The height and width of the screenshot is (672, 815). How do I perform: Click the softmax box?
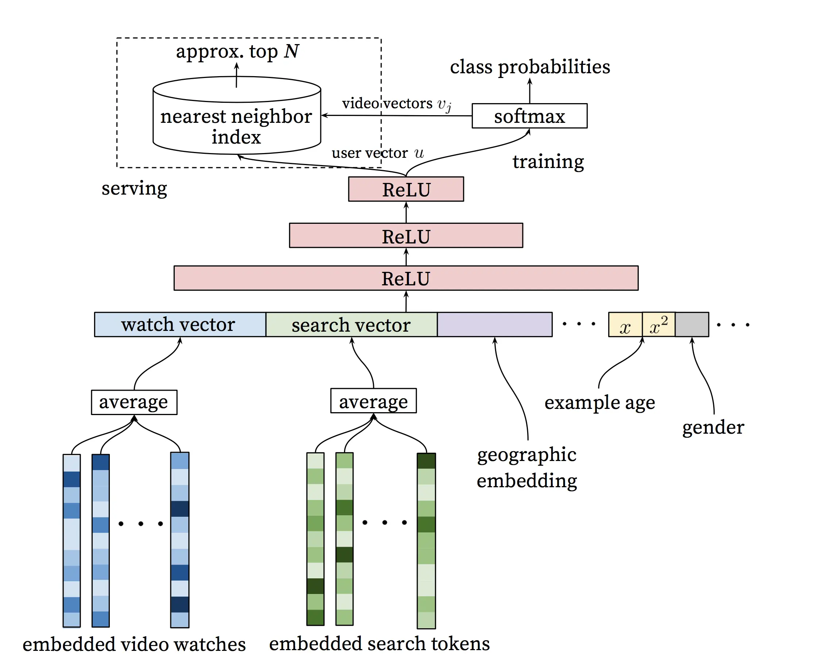[x=529, y=116]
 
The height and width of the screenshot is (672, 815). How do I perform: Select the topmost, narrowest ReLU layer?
[x=406, y=189]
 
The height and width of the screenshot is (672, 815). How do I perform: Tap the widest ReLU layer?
[x=406, y=278]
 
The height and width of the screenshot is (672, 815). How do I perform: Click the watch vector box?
[x=180, y=324]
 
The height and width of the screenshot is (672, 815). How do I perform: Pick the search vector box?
[x=351, y=324]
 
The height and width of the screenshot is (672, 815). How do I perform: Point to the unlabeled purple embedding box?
[x=494, y=324]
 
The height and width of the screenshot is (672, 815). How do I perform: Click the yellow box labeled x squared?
[x=658, y=324]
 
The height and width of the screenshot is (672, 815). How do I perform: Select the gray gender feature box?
[x=692, y=324]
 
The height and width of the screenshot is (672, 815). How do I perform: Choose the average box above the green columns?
[x=373, y=401]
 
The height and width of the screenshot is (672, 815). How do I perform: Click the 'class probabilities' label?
[x=530, y=67]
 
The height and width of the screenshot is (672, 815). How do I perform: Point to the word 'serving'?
[x=134, y=188]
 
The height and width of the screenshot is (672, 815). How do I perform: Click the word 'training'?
[x=548, y=161]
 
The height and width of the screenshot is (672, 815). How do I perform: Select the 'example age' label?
[x=599, y=403]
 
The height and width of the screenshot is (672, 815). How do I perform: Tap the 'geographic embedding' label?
[x=527, y=468]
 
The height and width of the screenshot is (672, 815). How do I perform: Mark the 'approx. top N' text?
[x=237, y=51]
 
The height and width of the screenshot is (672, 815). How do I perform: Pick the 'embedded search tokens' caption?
[x=379, y=644]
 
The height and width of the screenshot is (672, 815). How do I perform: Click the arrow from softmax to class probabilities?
[x=529, y=91]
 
